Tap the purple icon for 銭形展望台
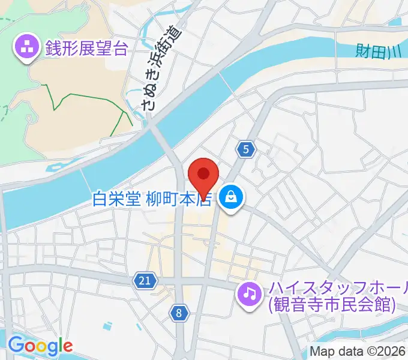point(27,47)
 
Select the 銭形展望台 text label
point(86,47)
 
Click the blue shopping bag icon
point(230,197)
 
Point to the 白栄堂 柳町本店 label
point(153,198)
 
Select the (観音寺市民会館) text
point(332,305)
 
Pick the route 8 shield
point(179,312)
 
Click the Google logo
point(40,346)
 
